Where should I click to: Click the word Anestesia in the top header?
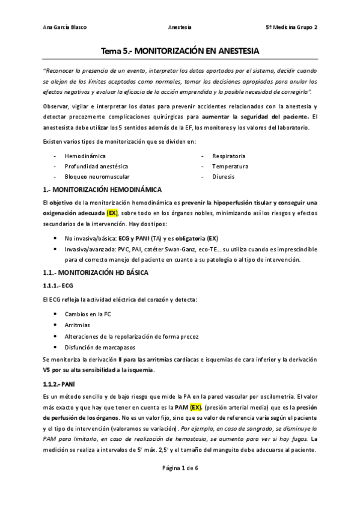click(x=180, y=28)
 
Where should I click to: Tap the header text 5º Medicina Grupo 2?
click(x=292, y=28)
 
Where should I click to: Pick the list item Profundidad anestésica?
click(x=96, y=167)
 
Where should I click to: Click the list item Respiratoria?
click(x=230, y=156)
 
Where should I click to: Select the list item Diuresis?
click(x=223, y=177)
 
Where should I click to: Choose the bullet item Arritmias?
click(x=78, y=325)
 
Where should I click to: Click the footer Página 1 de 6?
click(x=180, y=468)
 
